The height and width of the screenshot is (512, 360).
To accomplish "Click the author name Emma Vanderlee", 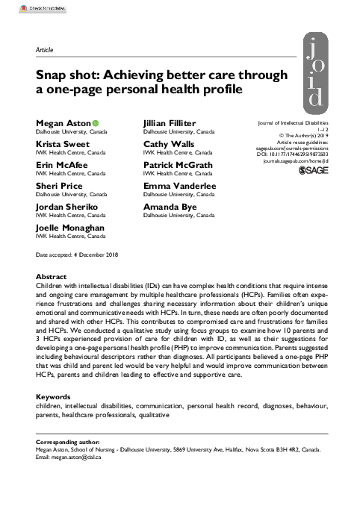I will tap(180, 184).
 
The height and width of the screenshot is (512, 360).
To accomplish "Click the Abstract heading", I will tap(52, 275).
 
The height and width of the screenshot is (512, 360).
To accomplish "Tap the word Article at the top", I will tap(44, 50).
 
